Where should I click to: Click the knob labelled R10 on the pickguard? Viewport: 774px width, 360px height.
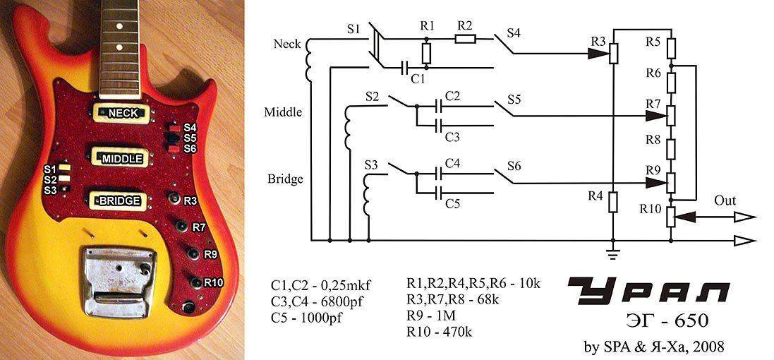coord(195,282)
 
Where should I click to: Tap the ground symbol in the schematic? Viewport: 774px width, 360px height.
coord(614,251)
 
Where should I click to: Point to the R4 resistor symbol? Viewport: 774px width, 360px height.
coord(614,201)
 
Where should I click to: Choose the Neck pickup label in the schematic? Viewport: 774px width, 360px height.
coord(286,44)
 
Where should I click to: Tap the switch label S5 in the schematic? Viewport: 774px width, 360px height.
coord(514,100)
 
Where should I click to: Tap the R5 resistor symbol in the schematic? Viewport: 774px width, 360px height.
coord(672,48)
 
